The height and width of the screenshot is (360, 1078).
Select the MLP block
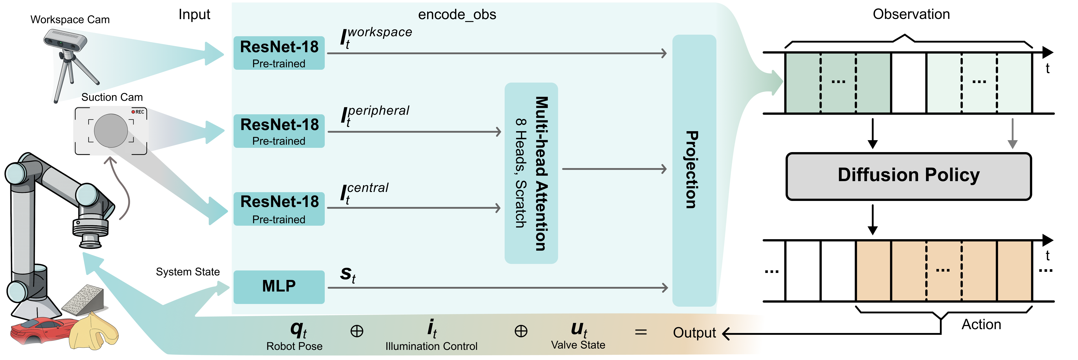[279, 287]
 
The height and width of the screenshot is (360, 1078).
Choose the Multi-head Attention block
[531, 173]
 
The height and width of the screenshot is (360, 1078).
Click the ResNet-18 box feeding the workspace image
[279, 53]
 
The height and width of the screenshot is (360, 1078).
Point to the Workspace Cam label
[70, 20]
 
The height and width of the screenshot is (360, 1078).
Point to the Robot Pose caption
[294, 346]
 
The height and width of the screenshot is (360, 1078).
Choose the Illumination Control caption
[431, 346]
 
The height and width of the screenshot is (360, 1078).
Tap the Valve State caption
[578, 345]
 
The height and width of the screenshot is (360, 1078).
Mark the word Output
[694, 333]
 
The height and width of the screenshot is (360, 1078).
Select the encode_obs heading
[457, 15]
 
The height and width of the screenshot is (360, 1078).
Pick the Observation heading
[911, 14]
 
